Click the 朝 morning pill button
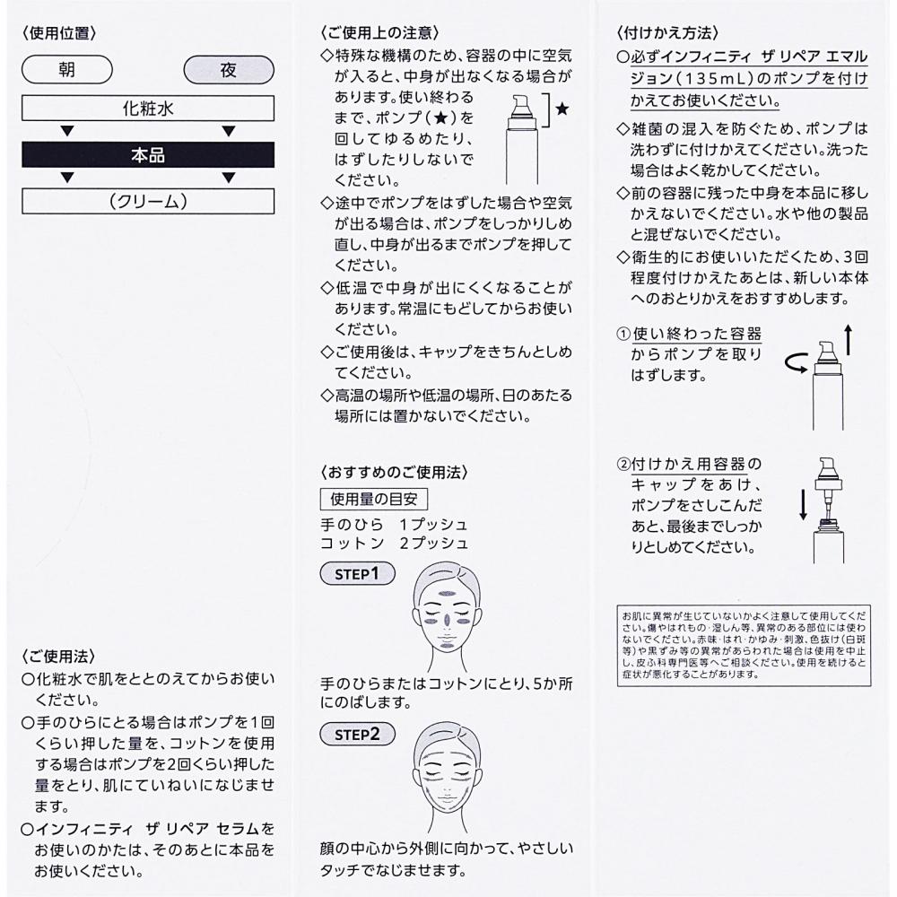pyautogui.click(x=66, y=69)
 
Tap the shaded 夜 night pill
pyautogui.click(x=228, y=69)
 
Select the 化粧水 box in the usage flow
pyautogui.click(x=147, y=110)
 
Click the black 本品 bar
pyautogui.click(x=147, y=155)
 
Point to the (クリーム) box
pyautogui.click(x=147, y=201)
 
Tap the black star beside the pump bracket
pyautogui.click(x=562, y=109)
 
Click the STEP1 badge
pyautogui.click(x=357, y=573)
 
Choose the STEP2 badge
pyautogui.click(x=357, y=734)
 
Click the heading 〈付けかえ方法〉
pyautogui.click(x=660, y=33)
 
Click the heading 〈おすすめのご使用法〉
pyautogui.click(x=393, y=472)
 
